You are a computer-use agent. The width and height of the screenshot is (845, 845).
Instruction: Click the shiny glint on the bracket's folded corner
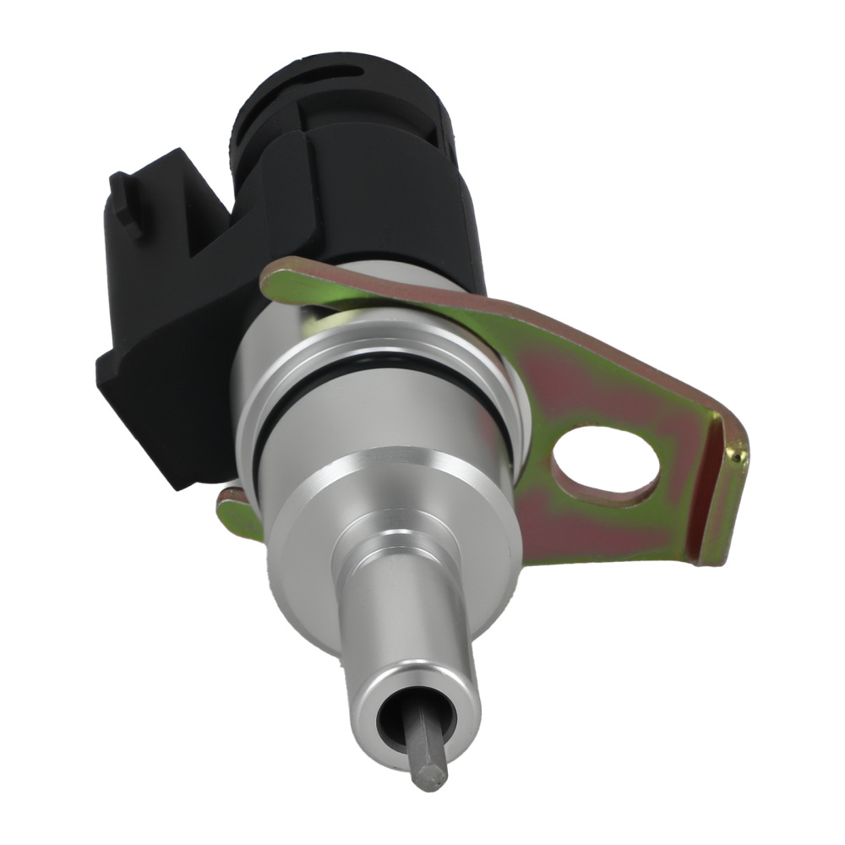pyautogui.click(x=740, y=457)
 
